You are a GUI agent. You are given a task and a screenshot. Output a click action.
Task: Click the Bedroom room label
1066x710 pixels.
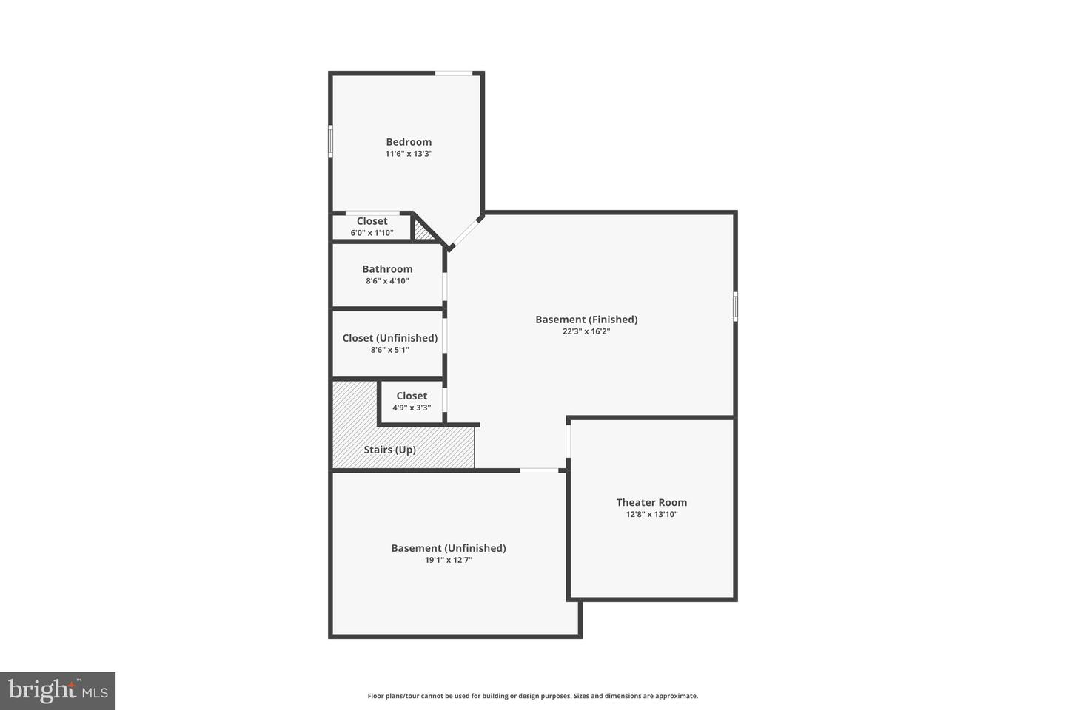click(x=409, y=142)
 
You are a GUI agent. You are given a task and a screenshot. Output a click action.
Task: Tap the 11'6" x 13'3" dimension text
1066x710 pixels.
click(x=409, y=154)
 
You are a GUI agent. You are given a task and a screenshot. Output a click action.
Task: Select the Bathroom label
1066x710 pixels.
click(x=387, y=269)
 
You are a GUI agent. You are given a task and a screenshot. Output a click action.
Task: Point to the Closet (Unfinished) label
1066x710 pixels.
click(x=390, y=338)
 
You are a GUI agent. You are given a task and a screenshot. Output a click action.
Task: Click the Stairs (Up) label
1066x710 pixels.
click(x=389, y=450)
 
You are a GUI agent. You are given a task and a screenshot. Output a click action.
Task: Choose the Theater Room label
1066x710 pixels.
click(x=651, y=502)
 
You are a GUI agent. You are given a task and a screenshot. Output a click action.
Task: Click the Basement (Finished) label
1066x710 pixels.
click(x=586, y=319)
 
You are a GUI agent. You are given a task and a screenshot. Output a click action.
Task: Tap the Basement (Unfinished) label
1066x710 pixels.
click(x=449, y=548)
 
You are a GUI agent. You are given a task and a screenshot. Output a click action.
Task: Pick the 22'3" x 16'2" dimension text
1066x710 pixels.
click(x=586, y=331)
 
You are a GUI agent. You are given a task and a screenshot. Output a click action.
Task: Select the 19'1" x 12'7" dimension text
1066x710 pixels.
click(x=449, y=560)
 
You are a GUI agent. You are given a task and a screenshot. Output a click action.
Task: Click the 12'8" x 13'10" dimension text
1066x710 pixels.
click(x=651, y=514)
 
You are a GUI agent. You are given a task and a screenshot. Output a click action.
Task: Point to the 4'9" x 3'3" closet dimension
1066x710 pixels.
click(x=412, y=408)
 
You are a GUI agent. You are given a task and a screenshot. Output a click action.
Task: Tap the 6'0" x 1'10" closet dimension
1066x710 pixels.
click(x=372, y=233)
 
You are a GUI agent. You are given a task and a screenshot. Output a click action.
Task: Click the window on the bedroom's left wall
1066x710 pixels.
click(x=330, y=141)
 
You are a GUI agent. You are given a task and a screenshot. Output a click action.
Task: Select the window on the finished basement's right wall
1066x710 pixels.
click(x=735, y=306)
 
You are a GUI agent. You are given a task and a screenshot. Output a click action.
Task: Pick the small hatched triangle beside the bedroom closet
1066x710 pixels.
click(x=423, y=231)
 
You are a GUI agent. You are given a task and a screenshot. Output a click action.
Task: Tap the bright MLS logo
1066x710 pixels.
click(x=58, y=691)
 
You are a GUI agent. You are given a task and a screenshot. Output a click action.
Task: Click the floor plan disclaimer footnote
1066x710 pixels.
click(x=533, y=696)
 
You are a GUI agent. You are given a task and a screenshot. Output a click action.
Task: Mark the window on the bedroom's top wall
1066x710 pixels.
click(x=454, y=73)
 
